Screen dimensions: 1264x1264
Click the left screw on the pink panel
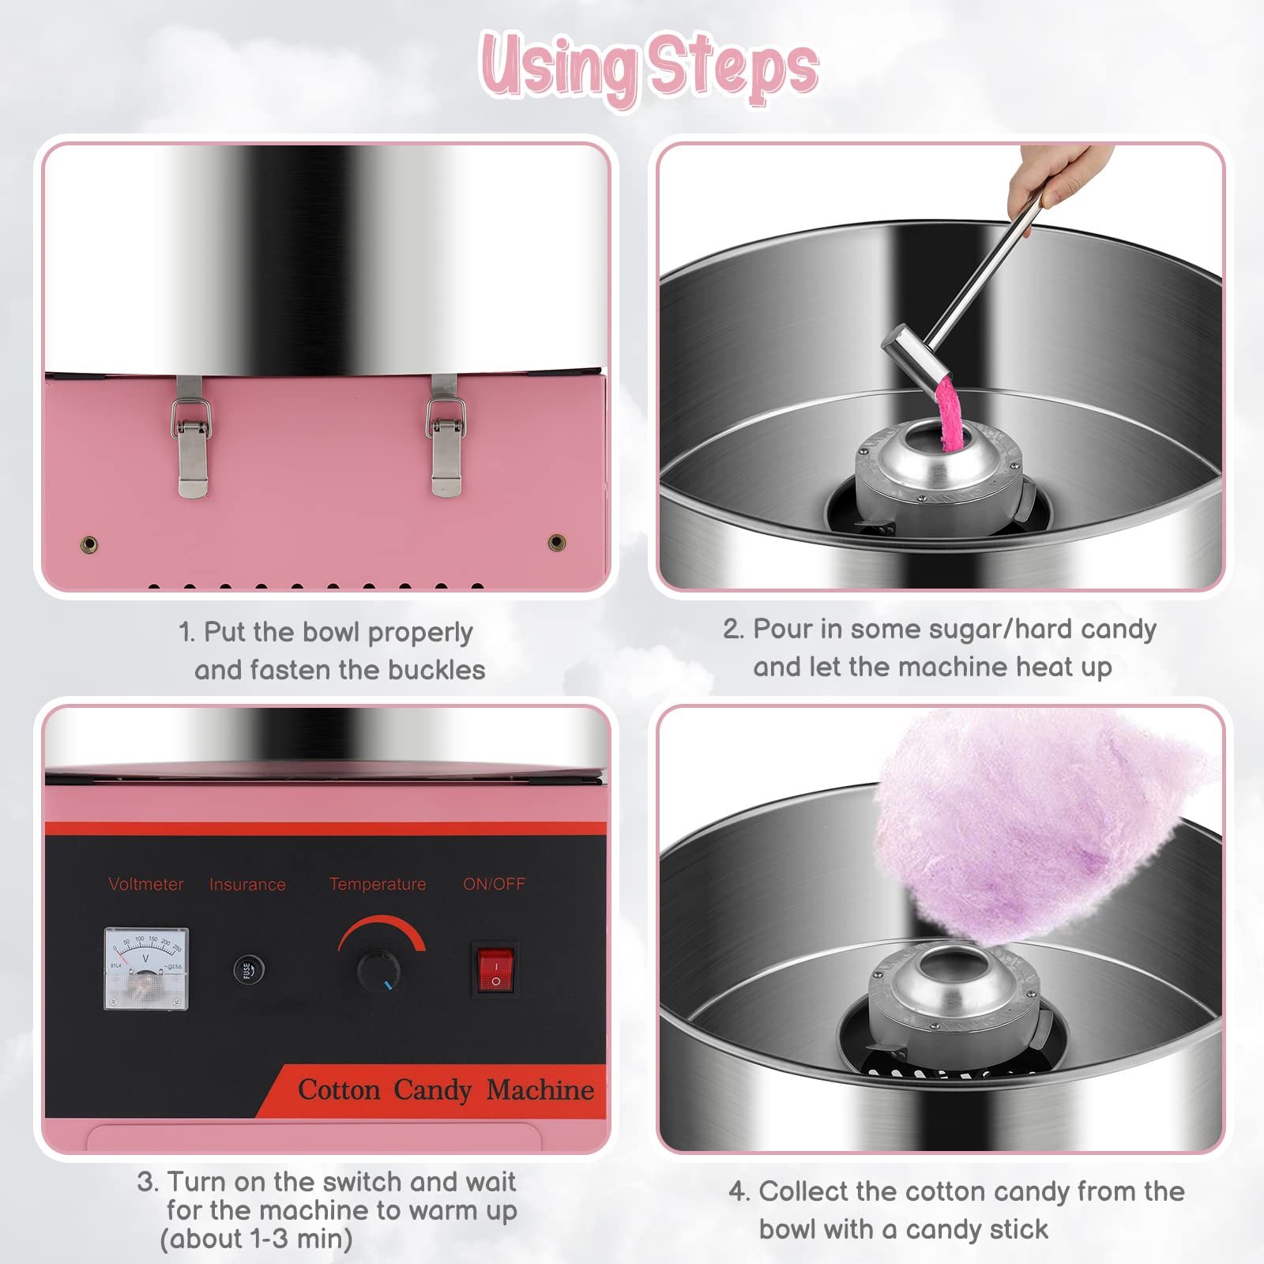[x=90, y=544]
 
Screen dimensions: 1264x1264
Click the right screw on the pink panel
[x=557, y=542]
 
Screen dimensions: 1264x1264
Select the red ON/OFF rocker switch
[x=495, y=969]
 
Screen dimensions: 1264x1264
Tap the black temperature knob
[x=378, y=969]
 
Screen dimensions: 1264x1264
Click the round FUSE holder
[x=248, y=969]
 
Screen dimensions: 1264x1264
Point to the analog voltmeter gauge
[x=146, y=968]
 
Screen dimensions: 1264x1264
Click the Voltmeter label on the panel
[x=145, y=884]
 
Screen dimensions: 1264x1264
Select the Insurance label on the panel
[x=247, y=885]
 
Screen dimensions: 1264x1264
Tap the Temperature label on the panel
[x=378, y=884]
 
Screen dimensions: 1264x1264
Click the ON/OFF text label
[x=494, y=884]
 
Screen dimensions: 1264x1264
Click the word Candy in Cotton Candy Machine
[x=432, y=1090]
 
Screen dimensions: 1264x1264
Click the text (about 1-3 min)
[x=256, y=1239]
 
